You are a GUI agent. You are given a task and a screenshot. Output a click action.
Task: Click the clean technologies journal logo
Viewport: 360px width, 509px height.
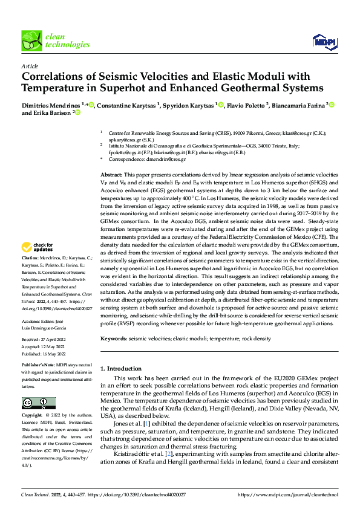point(47,41)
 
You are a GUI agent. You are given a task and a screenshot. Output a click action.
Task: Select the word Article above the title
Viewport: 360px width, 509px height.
point(30,66)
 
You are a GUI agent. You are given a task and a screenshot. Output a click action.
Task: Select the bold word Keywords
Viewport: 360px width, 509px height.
point(114,339)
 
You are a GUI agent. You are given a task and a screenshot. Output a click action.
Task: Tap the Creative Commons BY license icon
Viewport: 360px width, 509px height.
point(39,403)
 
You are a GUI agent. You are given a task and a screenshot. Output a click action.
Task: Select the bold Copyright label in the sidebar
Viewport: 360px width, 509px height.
point(33,417)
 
